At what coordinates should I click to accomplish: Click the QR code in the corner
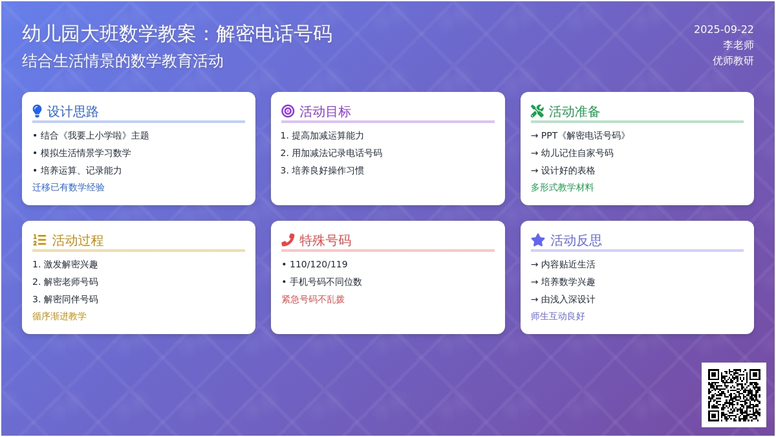(x=734, y=395)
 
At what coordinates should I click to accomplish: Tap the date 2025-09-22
(x=724, y=30)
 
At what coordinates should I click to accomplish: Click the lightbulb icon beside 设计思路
(x=37, y=111)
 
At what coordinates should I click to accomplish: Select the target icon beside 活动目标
(x=288, y=111)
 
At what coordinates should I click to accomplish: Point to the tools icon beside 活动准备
(x=537, y=111)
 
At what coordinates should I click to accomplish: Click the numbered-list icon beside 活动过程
(x=39, y=240)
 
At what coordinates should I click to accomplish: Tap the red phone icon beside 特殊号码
(x=288, y=240)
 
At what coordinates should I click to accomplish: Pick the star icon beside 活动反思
(x=538, y=240)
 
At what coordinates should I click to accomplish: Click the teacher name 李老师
(x=738, y=45)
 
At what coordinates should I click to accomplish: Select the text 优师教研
(x=733, y=61)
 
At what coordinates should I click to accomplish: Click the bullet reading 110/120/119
(x=315, y=264)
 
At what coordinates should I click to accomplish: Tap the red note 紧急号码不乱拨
(x=313, y=299)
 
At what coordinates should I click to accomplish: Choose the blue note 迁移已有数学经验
(x=69, y=187)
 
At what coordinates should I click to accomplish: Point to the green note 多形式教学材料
(x=562, y=187)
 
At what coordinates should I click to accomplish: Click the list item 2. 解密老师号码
(x=65, y=282)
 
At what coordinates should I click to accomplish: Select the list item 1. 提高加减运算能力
(x=322, y=135)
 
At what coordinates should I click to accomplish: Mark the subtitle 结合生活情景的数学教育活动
(x=123, y=61)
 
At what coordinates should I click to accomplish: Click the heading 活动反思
(x=576, y=240)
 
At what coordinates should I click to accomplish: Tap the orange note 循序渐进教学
(x=59, y=316)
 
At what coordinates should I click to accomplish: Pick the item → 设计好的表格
(x=563, y=170)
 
